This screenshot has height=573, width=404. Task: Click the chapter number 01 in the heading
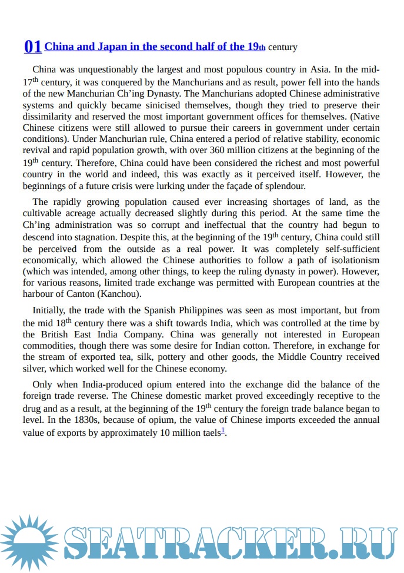[32, 47]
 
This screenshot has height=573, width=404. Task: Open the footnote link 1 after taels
[223, 430]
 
